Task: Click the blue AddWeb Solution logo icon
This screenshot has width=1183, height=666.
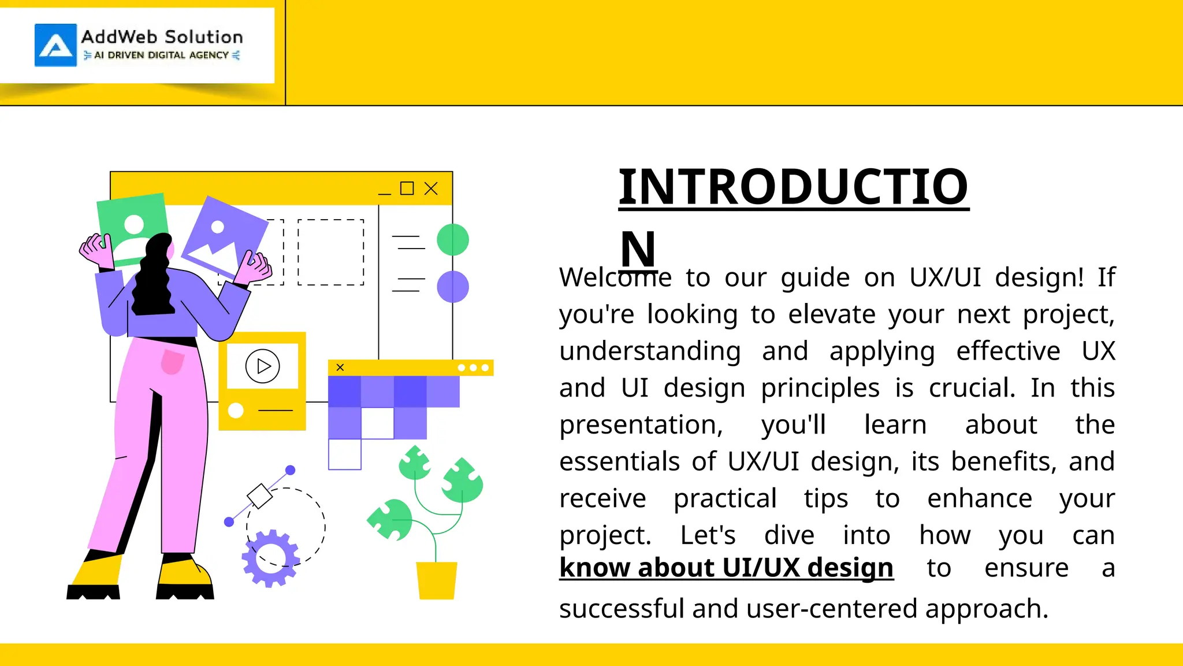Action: pos(55,45)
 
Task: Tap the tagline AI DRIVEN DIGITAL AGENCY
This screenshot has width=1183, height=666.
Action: pos(162,55)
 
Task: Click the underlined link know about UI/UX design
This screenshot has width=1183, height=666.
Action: pos(727,568)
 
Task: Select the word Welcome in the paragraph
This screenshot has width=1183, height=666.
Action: pos(615,277)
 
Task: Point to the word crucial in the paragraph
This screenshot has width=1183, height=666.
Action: pos(972,388)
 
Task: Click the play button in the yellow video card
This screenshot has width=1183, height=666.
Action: pos(263,366)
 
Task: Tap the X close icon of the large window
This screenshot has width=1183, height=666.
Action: pos(431,188)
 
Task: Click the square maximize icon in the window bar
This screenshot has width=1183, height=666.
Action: pos(407,188)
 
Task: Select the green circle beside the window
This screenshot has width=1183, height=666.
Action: pos(453,240)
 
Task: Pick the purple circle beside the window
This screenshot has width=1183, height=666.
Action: pos(453,287)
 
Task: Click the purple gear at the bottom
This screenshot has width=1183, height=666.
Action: pos(270,558)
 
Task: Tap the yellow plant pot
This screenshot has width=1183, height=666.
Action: pos(437,580)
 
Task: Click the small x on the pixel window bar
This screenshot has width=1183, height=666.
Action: pos(340,368)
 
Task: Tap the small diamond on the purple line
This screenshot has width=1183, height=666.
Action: pos(259,496)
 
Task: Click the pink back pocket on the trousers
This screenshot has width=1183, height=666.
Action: pos(172,362)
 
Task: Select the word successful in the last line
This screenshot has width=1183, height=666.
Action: pos(622,609)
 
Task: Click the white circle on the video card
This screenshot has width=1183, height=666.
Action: pos(236,410)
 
